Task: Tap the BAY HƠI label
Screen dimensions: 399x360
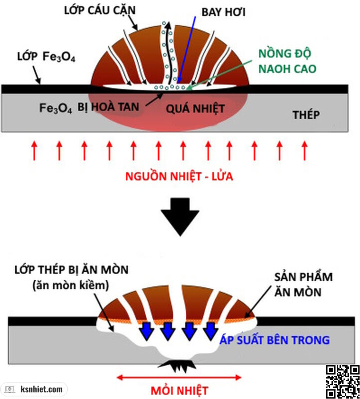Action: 224,12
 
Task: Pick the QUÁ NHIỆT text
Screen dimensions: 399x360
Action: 195,108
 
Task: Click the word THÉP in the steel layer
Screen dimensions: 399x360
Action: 306,114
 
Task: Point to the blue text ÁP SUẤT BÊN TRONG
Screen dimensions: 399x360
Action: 275,340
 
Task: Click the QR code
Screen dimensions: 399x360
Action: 343,382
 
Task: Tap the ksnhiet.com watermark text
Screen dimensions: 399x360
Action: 42,389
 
